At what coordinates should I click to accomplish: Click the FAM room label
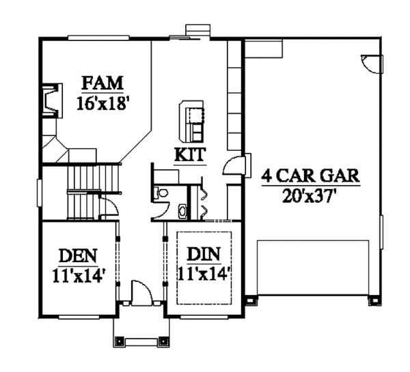tap(102, 84)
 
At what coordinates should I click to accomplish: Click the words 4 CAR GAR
tap(311, 175)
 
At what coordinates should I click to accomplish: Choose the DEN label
tap(77, 256)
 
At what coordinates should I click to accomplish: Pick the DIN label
tap(203, 256)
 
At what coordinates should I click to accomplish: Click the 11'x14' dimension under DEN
tap(77, 276)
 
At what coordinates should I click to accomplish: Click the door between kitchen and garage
tap(232, 166)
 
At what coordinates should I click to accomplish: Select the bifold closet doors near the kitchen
tap(203, 198)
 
